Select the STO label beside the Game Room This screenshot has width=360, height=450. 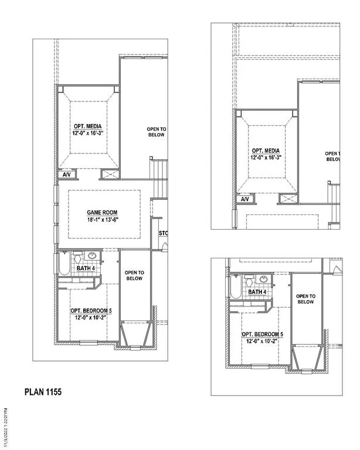(163, 234)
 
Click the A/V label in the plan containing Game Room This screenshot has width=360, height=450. (66, 175)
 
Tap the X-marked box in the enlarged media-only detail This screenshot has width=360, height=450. (287, 199)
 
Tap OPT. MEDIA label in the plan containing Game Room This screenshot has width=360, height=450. (86, 127)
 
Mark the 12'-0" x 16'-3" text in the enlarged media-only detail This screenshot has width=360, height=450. (266, 157)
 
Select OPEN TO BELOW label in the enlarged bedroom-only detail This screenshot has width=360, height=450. (305, 299)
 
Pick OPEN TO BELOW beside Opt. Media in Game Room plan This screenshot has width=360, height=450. (155, 131)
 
